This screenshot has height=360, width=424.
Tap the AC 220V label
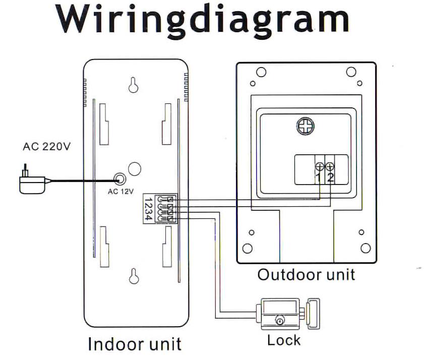47,147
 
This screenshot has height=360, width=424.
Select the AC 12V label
120,191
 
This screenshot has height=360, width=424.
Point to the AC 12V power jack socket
120,178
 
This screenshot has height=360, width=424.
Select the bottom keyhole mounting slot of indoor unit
134,276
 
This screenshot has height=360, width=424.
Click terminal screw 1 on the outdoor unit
319,167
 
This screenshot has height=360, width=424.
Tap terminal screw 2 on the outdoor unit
330,167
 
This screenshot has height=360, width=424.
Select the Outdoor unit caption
306,275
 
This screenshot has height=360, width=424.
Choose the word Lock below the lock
284,340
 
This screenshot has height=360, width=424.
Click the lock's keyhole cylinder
279,320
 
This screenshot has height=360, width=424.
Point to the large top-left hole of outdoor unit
261,72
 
